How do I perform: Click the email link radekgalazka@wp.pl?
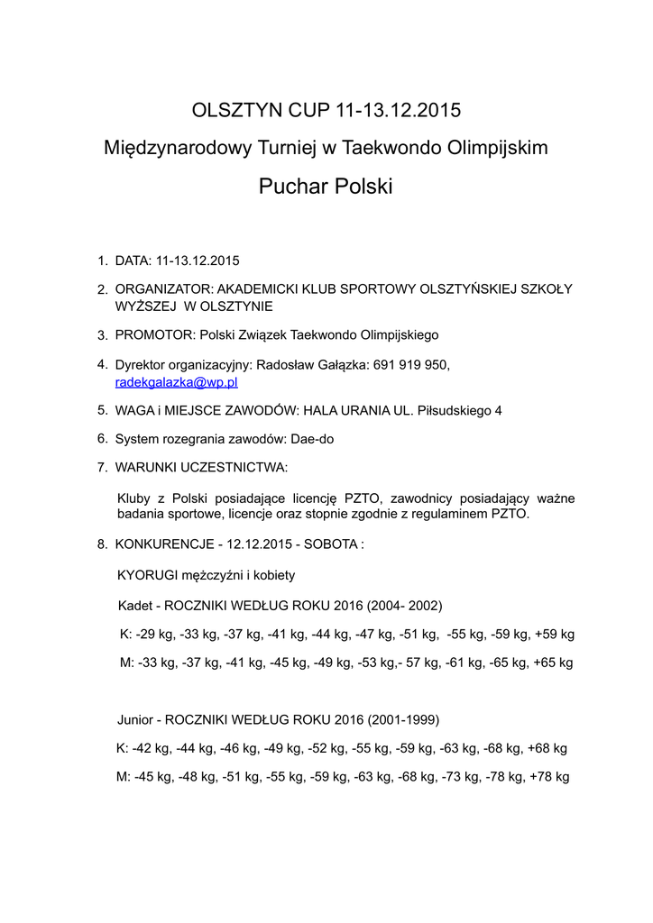176,382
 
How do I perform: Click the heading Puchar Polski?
326,187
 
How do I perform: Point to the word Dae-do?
312,438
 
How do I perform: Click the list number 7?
102,467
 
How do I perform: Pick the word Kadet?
135,605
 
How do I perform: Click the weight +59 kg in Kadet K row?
555,634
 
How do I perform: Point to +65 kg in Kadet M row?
554,663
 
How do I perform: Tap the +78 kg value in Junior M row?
549,777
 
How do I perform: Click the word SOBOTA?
330,545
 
